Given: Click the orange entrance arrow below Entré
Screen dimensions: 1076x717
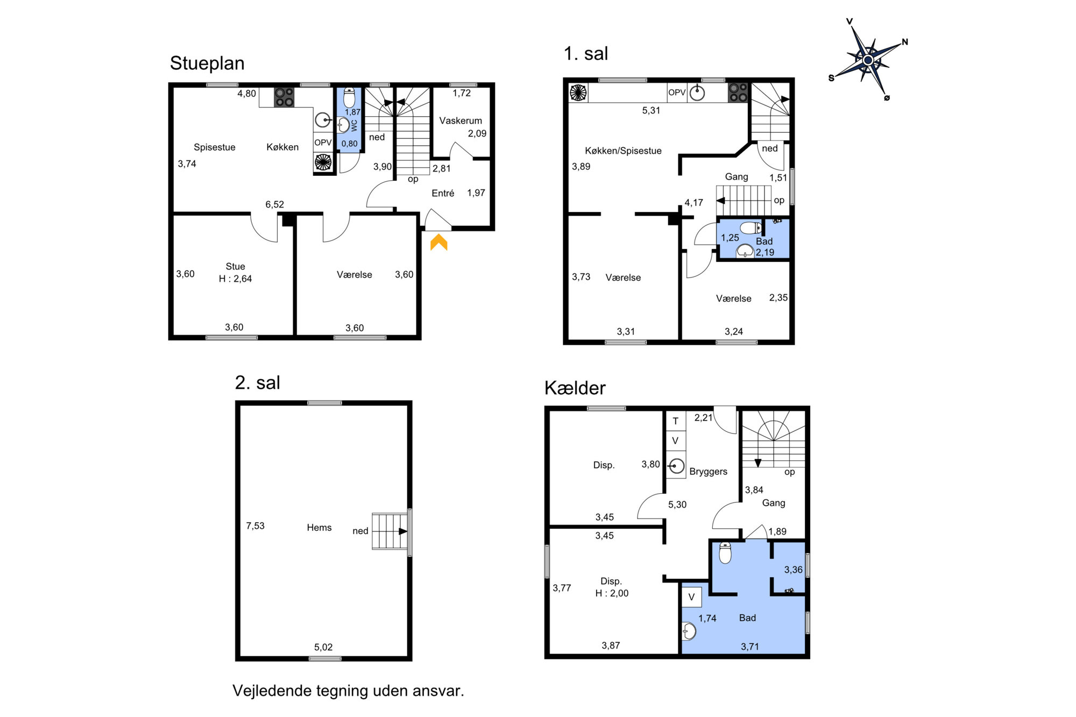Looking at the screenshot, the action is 439,243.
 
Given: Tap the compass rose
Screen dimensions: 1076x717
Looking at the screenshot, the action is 868,60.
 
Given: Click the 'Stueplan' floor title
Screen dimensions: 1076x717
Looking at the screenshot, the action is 207,63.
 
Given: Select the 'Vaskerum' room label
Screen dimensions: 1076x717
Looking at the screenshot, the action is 461,120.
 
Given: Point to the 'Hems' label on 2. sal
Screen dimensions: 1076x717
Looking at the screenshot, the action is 319,528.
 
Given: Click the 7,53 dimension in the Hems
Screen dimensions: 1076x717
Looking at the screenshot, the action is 255,526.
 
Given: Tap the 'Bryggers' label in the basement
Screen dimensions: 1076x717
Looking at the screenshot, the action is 708,472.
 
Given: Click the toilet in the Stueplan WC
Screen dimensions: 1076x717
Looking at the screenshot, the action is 349,98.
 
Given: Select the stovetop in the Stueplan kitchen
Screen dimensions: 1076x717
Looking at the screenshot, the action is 284,97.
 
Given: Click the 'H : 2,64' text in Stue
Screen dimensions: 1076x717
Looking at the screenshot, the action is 235,279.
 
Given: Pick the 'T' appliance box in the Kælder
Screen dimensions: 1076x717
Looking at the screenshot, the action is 676,421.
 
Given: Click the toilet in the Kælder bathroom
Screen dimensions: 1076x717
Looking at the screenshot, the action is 725,552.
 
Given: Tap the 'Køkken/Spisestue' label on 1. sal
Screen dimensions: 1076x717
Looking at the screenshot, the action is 623,151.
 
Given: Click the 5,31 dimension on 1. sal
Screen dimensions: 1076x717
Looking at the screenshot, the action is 651,110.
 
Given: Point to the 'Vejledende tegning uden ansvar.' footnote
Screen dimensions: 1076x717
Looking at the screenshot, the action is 348,691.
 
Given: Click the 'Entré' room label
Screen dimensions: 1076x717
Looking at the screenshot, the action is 443,193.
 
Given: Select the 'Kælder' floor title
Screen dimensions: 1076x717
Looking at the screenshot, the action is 575,388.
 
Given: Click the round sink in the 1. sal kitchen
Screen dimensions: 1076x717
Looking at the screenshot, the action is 697,93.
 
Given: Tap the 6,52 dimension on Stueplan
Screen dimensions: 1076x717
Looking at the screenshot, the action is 274,204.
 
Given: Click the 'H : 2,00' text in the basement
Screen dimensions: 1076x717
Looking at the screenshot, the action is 612,593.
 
